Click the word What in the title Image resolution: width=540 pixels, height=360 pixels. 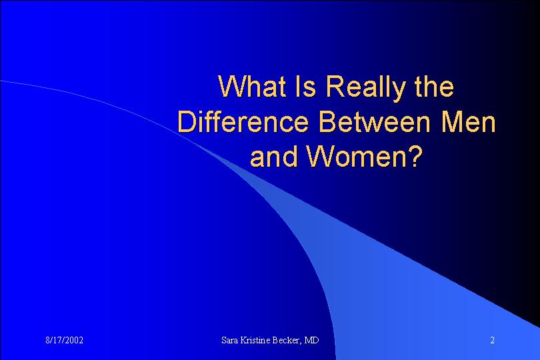[252, 86]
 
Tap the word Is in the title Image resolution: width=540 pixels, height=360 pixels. [305, 86]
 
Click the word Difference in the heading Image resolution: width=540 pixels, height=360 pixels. [243, 121]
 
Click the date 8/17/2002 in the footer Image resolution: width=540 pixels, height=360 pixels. [65, 341]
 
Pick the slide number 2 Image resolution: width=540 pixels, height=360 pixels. [493, 341]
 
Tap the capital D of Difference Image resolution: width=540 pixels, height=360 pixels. [187, 121]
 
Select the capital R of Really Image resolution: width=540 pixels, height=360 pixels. [335, 86]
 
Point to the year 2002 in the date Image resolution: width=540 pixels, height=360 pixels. [74, 341]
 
